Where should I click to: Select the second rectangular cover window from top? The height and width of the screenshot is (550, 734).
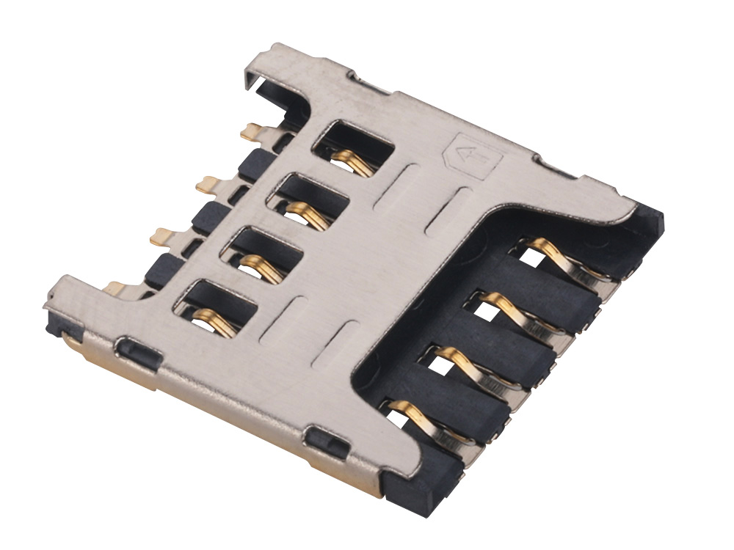(308, 198)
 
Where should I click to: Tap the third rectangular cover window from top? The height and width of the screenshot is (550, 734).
(263, 251)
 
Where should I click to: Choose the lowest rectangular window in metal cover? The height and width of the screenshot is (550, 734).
(217, 304)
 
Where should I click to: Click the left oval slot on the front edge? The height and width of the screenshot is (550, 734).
(137, 353)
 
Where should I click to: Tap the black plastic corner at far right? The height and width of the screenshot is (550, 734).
(650, 220)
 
